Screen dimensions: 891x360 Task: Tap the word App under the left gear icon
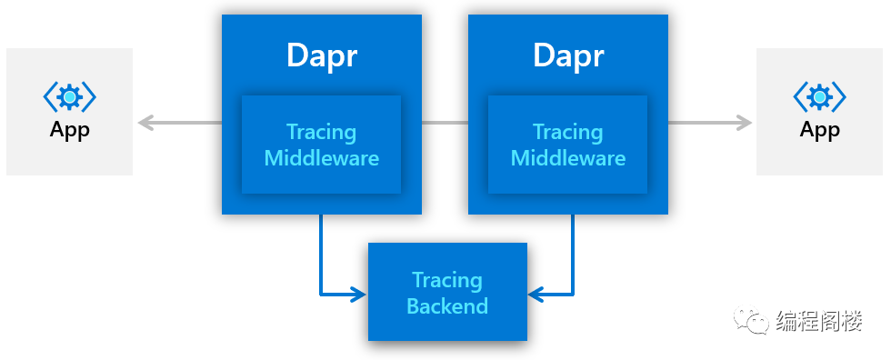coord(70,131)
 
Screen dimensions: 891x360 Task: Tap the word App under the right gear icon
coord(820,131)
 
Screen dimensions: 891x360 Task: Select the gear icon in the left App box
coord(70,97)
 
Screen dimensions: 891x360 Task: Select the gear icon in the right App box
coord(820,97)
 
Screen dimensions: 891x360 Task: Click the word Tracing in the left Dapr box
coord(322,133)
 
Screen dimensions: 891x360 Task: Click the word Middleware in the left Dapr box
coord(322,158)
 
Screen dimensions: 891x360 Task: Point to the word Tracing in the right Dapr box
coord(568,133)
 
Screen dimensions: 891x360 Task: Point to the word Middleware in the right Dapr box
coord(568,158)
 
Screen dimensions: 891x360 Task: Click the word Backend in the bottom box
coord(447,306)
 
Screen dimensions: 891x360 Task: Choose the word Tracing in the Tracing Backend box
coord(447,281)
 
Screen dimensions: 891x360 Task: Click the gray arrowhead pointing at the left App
coord(146,123)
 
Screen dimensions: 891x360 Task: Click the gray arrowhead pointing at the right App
coord(744,123)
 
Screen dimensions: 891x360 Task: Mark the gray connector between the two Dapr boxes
coord(445,123)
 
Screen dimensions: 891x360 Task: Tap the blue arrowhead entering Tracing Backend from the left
coord(359,295)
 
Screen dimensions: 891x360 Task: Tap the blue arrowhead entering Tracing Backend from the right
coord(536,295)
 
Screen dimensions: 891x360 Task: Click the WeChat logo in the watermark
coord(753,320)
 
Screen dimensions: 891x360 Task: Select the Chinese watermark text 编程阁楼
coord(819,321)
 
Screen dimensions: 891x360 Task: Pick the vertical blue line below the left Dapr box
coord(322,255)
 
